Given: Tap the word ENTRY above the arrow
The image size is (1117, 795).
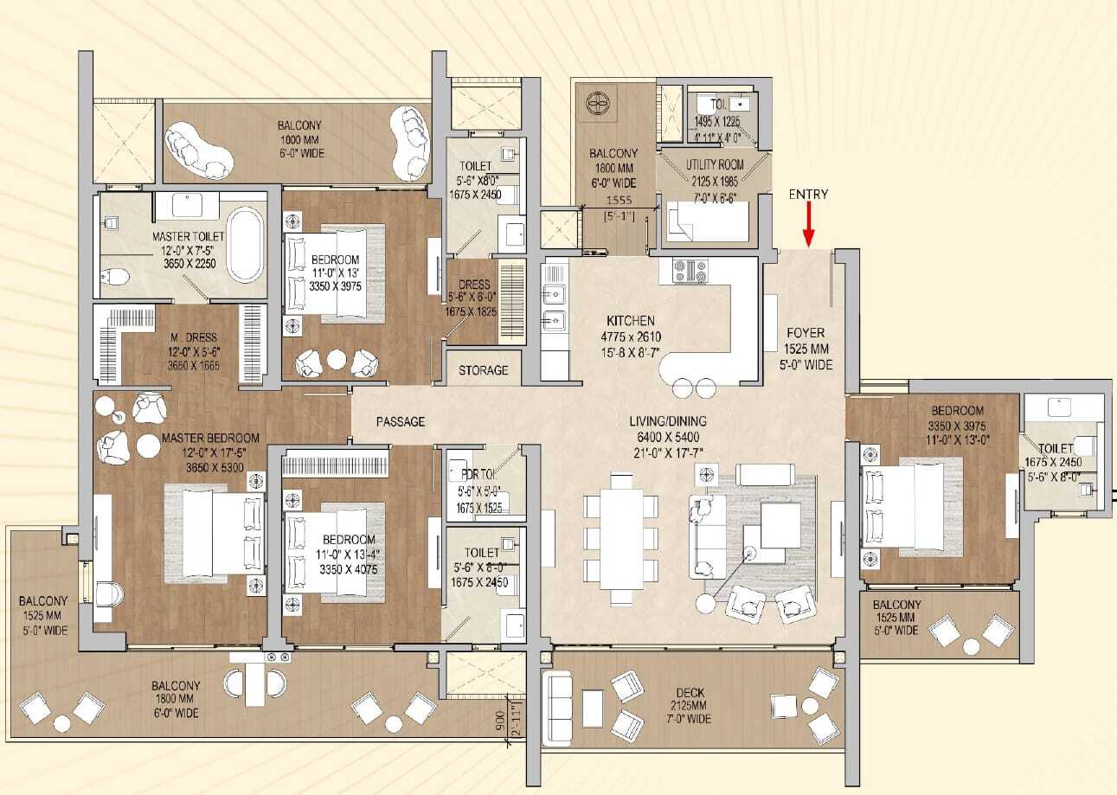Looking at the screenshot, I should click(x=808, y=195).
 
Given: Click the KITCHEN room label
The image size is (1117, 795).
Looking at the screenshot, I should click(x=630, y=320).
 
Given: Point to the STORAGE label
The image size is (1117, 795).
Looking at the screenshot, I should click(x=484, y=370).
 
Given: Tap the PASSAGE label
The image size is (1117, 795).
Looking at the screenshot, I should click(x=401, y=421).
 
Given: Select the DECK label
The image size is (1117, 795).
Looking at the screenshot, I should click(x=691, y=692).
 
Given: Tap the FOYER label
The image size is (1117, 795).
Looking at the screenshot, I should click(x=805, y=332).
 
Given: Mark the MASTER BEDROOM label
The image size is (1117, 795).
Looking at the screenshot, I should click(x=210, y=439).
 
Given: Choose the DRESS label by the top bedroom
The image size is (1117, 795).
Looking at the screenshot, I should click(x=474, y=285).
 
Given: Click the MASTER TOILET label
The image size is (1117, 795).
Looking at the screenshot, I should click(x=189, y=236).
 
